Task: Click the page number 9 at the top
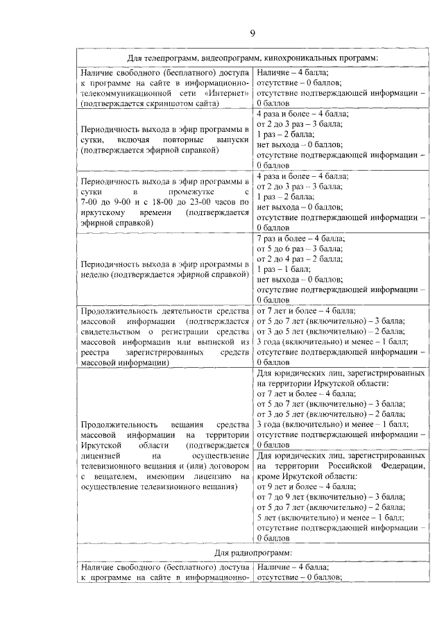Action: [253, 33]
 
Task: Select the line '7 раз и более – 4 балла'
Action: [300, 238]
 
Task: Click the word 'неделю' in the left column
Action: [95, 275]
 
